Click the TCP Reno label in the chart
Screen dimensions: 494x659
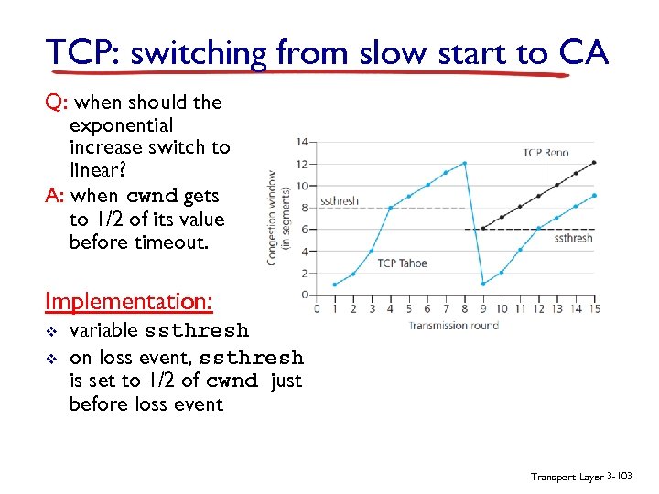545,153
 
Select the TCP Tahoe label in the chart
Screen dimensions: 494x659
402,263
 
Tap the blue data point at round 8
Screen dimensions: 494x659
465,164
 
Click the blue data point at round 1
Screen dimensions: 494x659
335,284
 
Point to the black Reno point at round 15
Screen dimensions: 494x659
595,163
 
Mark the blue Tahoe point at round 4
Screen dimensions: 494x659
391,209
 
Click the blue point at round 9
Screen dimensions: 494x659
483,284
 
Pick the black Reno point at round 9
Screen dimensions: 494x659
483,229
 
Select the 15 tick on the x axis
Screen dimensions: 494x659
595,308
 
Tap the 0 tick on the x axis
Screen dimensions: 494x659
317,308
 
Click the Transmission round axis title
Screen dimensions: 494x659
453,325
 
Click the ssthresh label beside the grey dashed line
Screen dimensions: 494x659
340,201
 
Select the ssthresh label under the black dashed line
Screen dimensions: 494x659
573,238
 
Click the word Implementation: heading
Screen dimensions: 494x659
130,301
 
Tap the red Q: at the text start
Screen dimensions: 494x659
56,102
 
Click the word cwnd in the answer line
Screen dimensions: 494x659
152,196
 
